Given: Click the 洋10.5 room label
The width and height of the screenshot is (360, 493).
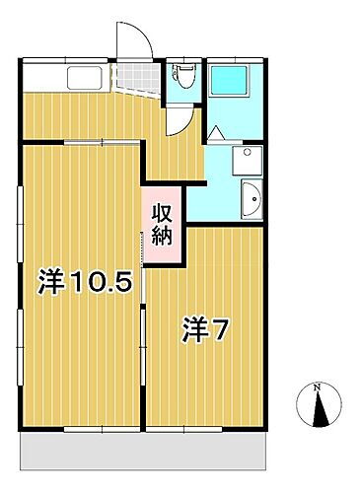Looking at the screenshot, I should [x=85, y=283].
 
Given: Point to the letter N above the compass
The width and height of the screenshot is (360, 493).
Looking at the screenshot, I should [x=316, y=387].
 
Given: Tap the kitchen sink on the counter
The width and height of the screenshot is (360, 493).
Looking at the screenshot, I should [x=80, y=78].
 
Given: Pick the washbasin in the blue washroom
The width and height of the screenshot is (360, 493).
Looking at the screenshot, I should [x=251, y=199].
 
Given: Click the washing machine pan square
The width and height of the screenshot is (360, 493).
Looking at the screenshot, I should [x=245, y=159].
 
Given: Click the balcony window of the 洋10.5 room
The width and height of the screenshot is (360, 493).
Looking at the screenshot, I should [x=83, y=429].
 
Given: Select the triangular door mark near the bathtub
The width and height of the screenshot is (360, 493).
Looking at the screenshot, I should [x=215, y=132].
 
